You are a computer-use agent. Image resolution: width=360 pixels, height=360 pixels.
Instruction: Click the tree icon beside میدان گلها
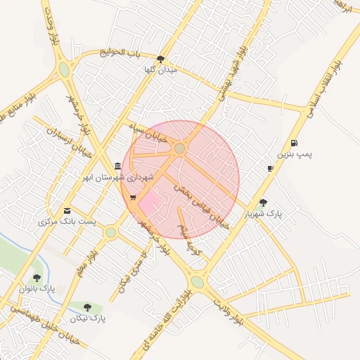pos(161,59)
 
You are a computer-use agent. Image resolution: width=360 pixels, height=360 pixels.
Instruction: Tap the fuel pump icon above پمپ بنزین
pos(293,143)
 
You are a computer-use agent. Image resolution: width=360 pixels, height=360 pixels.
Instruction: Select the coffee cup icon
pos(271,168)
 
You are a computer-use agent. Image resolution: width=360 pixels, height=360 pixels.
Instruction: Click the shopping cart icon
pos(133,197)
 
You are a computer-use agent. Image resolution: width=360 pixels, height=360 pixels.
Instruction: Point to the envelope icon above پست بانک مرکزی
pos(67,211)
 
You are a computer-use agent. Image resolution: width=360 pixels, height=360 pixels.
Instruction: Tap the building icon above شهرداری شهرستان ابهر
pos(117,167)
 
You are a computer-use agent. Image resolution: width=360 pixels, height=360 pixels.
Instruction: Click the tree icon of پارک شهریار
pos(263,202)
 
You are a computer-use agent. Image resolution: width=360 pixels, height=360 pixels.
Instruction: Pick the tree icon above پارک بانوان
pos(37,278)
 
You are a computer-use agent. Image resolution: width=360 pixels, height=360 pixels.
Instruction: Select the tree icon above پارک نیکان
pos(87,307)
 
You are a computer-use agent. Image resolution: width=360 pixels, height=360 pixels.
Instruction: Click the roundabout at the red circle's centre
pos(180,148)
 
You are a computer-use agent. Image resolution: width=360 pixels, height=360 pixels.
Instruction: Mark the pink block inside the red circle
pos(149,205)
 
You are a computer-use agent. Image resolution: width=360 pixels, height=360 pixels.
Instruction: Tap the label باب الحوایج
pos(120,53)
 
